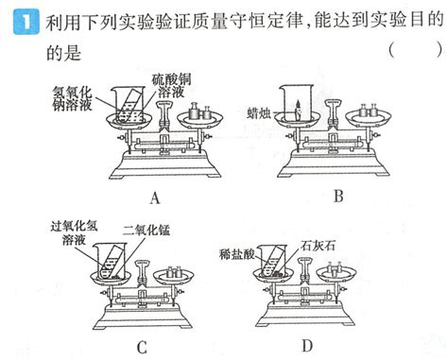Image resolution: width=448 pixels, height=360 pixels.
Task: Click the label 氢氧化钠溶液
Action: [74, 97]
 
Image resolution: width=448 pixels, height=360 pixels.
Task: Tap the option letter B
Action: [338, 197]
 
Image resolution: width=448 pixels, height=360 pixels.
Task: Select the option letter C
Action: [142, 347]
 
